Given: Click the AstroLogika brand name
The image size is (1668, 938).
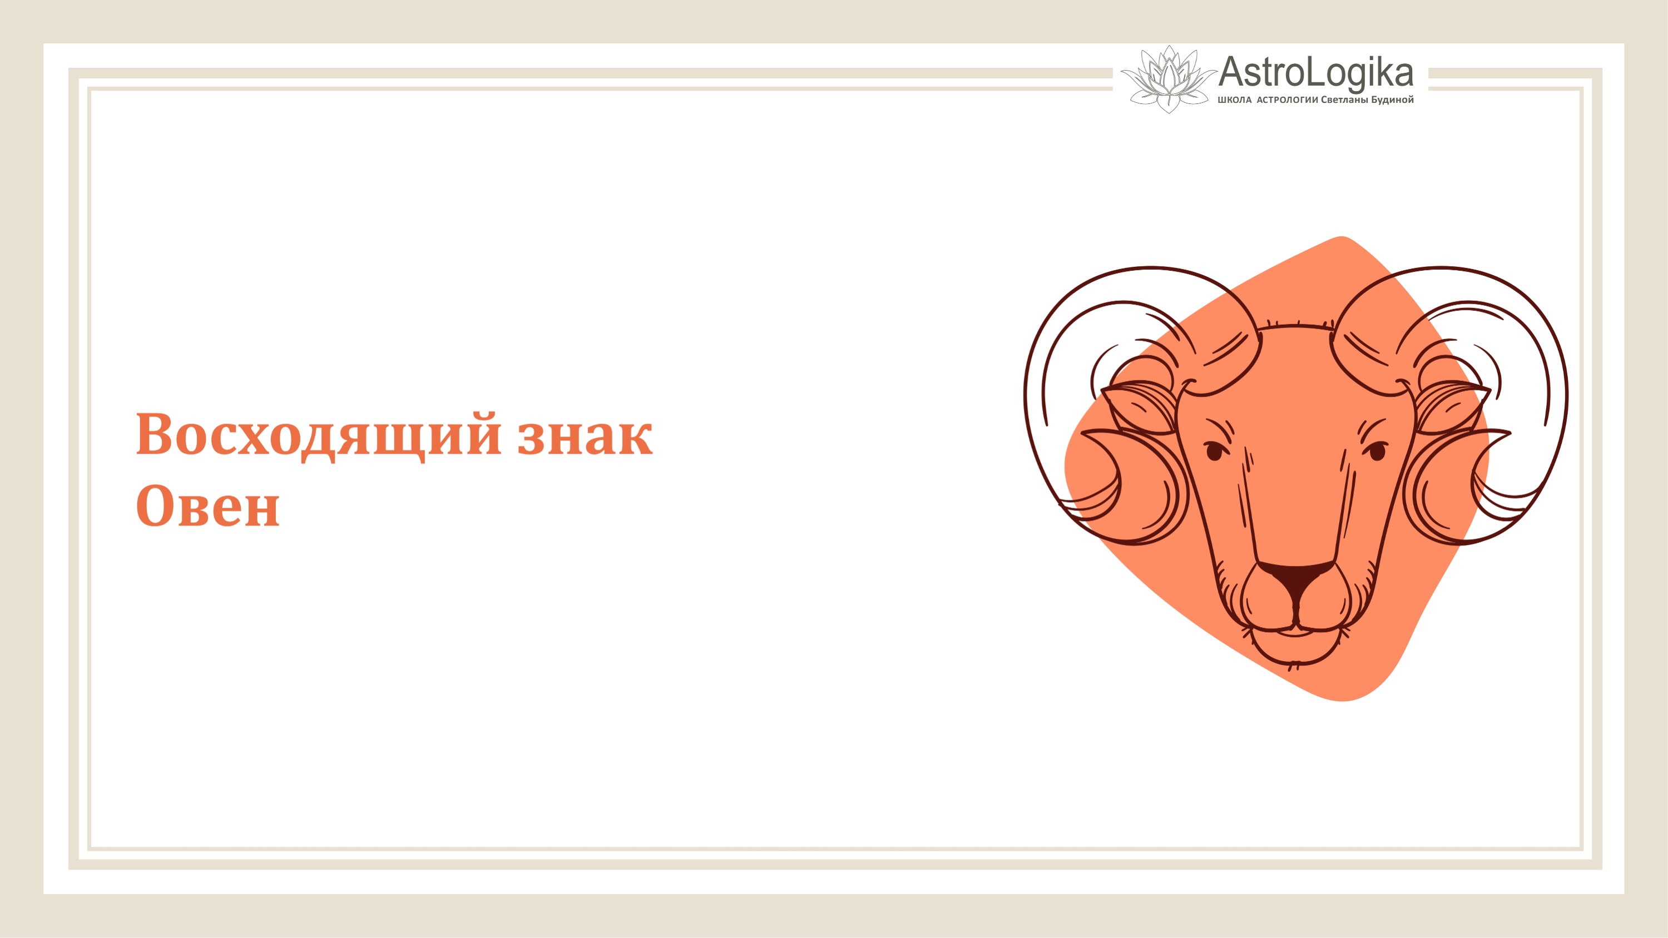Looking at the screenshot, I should coord(1315,73).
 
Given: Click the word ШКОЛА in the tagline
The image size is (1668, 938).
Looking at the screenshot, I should coord(1234,100).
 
